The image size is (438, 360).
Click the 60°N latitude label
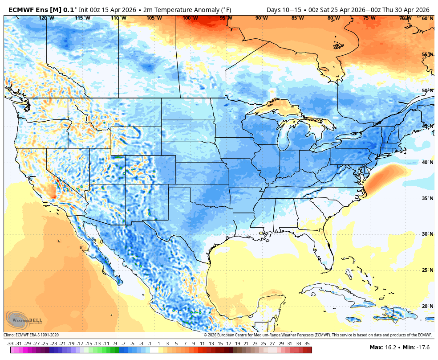pos(427,18)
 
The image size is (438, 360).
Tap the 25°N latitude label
pos(427,270)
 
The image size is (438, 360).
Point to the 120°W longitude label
pos(46,18)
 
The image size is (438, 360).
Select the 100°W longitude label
pos(190,18)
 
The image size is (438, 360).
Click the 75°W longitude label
pos(369,18)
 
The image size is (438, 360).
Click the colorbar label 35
pos(307,344)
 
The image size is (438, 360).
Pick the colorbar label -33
pos(10,344)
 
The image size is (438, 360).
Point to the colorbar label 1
pos(158,344)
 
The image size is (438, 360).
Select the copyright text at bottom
pos(317,335)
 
